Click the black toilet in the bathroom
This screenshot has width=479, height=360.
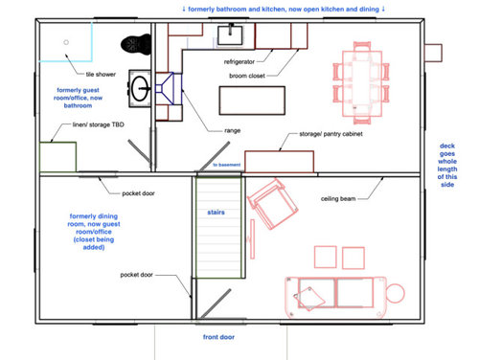(x=136, y=44)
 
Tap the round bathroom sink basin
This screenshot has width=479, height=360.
(x=140, y=88)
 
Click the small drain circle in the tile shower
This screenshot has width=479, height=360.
(x=66, y=42)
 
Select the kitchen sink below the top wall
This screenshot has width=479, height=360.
(x=230, y=34)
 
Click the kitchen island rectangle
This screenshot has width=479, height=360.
(x=252, y=101)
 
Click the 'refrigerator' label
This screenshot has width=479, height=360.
(x=239, y=61)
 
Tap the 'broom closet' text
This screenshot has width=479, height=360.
(x=247, y=76)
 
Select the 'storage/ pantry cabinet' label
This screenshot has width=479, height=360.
(x=331, y=134)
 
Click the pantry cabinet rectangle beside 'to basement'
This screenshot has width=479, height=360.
(x=279, y=162)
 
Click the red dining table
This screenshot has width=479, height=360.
(x=362, y=83)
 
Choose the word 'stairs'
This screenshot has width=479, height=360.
(x=216, y=213)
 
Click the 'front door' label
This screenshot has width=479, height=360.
(x=218, y=337)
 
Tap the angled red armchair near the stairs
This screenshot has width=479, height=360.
(x=272, y=204)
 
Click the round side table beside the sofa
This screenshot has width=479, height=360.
(x=396, y=293)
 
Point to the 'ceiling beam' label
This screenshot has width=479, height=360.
(x=338, y=199)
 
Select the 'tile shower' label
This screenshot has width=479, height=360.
(x=101, y=75)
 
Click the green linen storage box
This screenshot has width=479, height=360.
(x=57, y=157)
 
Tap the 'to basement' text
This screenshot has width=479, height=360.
(x=227, y=165)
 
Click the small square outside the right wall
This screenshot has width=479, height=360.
(x=433, y=53)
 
